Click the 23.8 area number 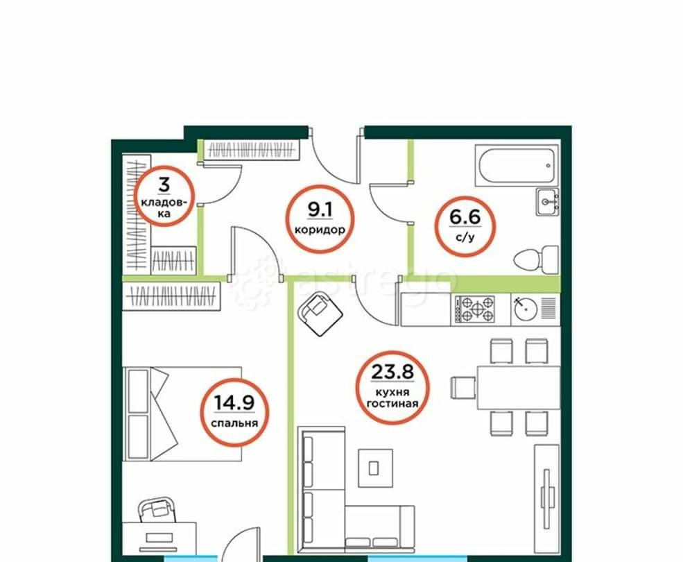392,372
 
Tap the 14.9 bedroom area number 234,402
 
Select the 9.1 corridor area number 320,210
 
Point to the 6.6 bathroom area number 465,216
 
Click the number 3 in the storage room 164,185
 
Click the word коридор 320,230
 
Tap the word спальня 234,423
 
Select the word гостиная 392,404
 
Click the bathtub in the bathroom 517,166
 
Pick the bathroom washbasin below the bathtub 548,201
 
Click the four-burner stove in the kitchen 475,309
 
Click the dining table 519,388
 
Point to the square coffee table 375,468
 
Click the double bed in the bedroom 182,414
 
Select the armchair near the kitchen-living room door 320,314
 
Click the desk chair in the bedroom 157,509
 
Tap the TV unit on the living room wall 546,500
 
